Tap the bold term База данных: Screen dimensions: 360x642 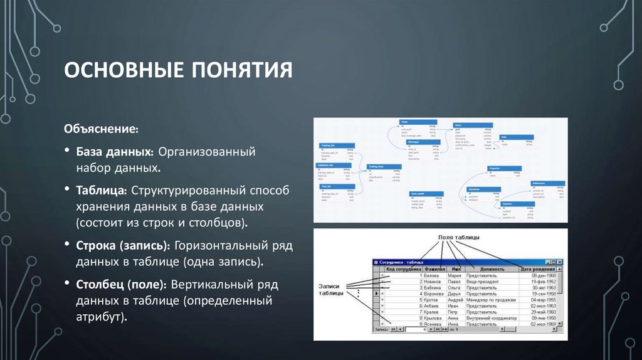(x=115, y=152)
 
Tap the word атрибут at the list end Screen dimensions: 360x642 (x=101, y=317)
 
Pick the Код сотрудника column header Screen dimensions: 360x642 (x=403, y=268)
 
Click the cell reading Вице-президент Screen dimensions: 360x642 (x=483, y=282)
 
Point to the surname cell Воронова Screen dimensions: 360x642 (x=434, y=294)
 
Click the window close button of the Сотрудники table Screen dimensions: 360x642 (x=559, y=262)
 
